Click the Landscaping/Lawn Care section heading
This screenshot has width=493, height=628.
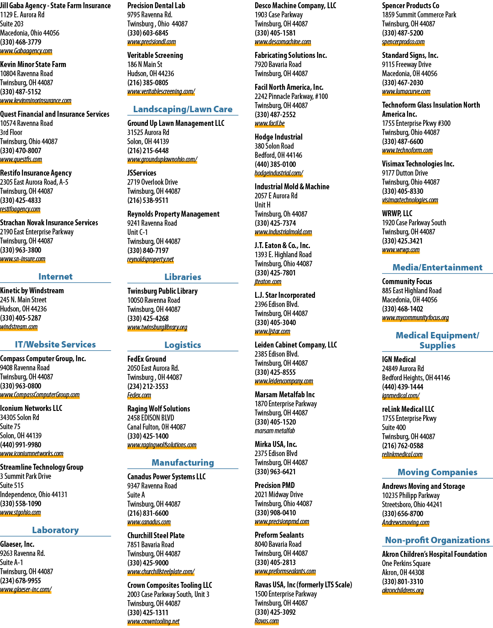coord(183,109)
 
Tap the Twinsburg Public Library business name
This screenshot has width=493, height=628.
coord(163,291)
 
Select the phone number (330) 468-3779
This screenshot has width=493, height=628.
coord(21,42)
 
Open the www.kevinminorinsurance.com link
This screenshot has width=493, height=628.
coord(36,101)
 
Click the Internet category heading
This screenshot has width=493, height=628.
coord(55,276)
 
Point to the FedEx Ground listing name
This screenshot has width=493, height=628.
coord(147,359)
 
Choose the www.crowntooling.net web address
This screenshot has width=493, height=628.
coord(153,621)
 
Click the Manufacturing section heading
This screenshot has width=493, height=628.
coord(183,463)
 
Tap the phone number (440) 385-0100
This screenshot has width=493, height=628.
coord(275,165)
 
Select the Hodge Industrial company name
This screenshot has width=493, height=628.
coord(278,137)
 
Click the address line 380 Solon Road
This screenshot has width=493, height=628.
coord(274,146)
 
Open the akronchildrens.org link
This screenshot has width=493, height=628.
coord(403,590)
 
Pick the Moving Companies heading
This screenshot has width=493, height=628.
coord(437,472)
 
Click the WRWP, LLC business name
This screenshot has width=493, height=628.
coord(397,213)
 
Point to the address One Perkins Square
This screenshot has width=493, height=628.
coord(406,563)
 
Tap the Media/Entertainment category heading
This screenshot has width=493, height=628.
coord(437,267)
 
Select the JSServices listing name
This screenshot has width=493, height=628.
coord(142,173)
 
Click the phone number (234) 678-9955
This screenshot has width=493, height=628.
coord(21,581)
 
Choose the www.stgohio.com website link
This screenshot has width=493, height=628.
coord(21,513)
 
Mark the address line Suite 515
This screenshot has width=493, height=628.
coord(12,485)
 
